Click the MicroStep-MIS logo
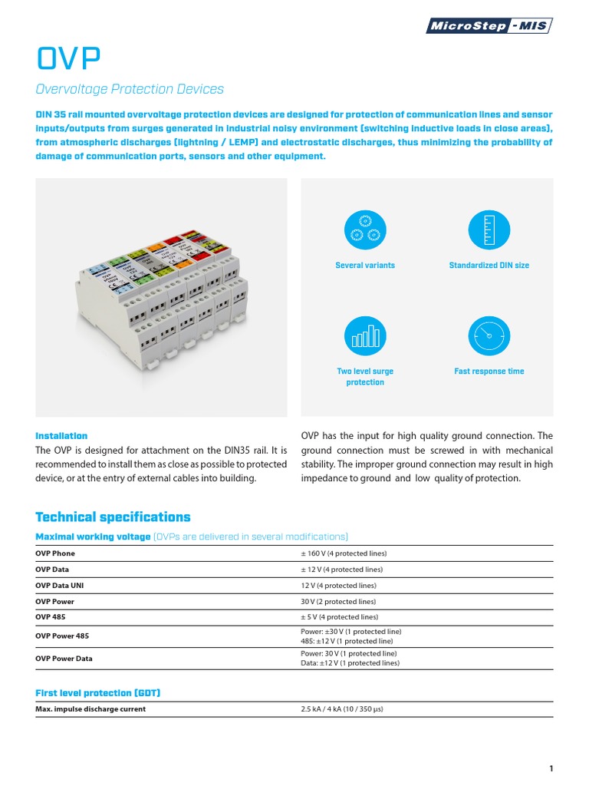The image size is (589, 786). tap(489, 26)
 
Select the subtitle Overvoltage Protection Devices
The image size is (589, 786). tap(130, 89)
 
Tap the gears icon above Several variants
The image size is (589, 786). tap(365, 230)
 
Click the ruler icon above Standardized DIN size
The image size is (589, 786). tap(489, 230)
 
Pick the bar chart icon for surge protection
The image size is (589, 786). tap(365, 335)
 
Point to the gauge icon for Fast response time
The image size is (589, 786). tap(489, 335)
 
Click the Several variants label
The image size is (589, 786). tap(365, 266)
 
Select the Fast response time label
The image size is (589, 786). tap(489, 372)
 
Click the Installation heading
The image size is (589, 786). tap(61, 436)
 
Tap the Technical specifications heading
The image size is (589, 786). tap(113, 517)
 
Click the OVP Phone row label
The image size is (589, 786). tap(55, 553)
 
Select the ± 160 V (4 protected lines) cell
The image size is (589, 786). tap(344, 553)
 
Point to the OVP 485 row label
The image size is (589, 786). tap(51, 617)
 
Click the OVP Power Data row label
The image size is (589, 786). tap(64, 659)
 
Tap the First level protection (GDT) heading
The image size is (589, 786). tap(97, 693)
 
